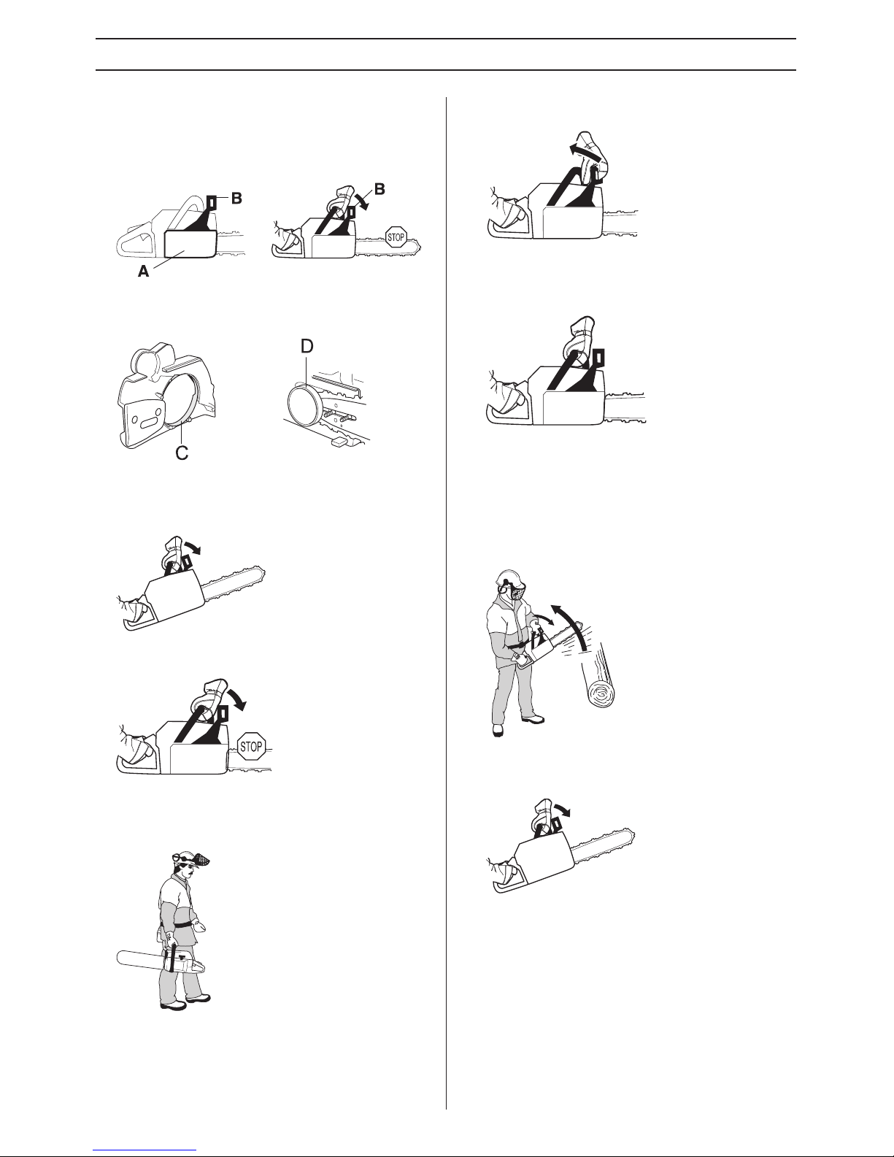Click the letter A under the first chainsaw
tap(144, 272)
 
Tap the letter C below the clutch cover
tap(182, 453)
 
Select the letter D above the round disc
tap(307, 347)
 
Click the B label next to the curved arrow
tap(379, 189)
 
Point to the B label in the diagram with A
tap(236, 199)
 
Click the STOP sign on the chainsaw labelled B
tap(396, 237)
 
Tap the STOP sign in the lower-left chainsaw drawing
tap(250, 747)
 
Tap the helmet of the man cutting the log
tap(506, 577)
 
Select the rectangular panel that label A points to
tap(190, 245)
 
